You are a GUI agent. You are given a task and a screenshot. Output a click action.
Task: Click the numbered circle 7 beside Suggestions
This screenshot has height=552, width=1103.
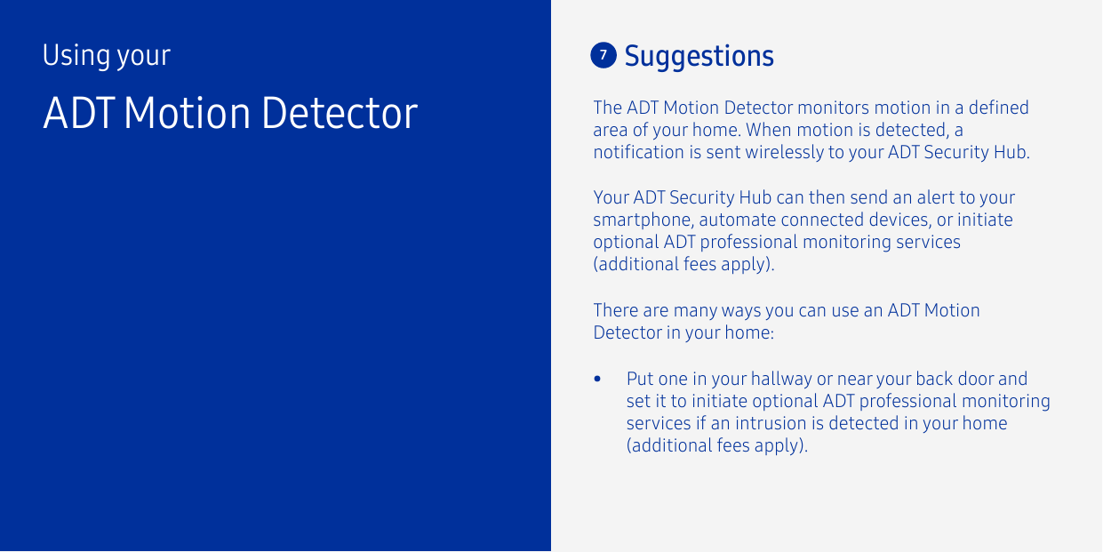click(x=603, y=55)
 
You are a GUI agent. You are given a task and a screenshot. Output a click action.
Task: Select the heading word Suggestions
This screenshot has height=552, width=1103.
click(x=699, y=56)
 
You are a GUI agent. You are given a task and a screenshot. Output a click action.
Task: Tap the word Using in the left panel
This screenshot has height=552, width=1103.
click(x=76, y=56)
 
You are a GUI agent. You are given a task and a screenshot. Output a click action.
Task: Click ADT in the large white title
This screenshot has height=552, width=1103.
click(x=78, y=113)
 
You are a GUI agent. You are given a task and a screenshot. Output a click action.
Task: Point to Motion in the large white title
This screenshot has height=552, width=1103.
click(x=188, y=113)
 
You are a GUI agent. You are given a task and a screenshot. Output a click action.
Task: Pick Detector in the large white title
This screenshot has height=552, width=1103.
click(x=339, y=113)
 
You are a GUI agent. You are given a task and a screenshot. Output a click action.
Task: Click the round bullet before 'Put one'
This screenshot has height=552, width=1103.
click(x=599, y=380)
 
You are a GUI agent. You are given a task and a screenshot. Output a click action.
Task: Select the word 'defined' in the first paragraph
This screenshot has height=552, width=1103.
click(x=999, y=108)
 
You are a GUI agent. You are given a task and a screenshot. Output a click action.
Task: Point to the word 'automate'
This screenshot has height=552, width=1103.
click(x=739, y=220)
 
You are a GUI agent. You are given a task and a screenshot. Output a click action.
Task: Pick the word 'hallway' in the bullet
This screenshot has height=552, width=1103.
click(x=781, y=380)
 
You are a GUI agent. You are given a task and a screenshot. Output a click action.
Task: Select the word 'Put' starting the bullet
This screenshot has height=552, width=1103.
click(x=640, y=379)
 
